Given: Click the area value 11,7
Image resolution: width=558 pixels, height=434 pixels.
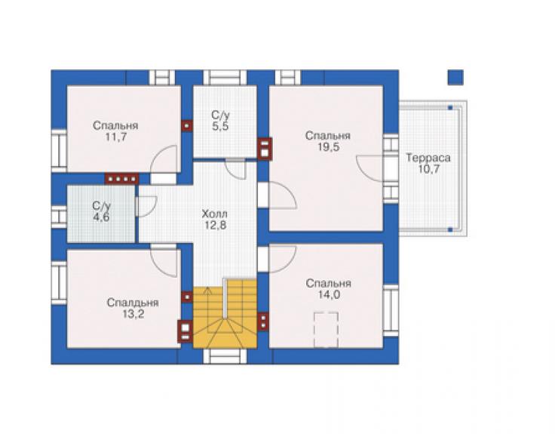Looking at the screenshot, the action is click(116, 137).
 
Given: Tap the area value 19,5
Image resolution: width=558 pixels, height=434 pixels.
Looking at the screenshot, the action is click(329, 146).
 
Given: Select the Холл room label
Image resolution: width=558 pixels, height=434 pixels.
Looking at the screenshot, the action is click(215, 214).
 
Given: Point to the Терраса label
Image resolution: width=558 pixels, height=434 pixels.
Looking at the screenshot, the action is click(428, 158).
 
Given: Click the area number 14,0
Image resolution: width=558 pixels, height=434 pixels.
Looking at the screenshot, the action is click(329, 294).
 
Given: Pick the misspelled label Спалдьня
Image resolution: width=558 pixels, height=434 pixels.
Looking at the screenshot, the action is click(133, 303).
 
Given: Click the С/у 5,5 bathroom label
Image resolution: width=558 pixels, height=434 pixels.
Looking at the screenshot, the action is click(221, 121).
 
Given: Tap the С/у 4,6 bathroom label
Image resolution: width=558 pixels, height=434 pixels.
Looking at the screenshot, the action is click(102, 211).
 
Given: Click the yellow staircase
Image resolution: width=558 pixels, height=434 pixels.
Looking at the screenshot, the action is click(225, 312).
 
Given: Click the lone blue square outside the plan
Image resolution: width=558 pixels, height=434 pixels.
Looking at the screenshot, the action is click(455, 77).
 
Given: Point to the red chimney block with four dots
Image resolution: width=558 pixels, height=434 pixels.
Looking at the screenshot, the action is click(121, 179).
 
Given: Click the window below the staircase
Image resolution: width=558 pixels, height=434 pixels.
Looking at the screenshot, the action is click(225, 356).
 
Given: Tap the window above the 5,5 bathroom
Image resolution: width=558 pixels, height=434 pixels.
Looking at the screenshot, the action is click(225, 77).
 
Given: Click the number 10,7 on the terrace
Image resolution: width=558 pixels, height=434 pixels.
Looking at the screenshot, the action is click(428, 169).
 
